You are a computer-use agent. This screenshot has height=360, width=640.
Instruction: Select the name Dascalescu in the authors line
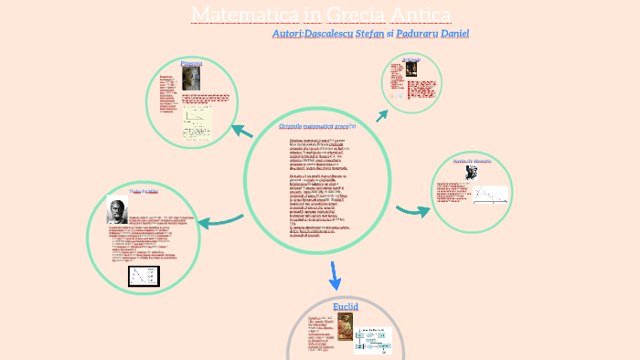[322, 33]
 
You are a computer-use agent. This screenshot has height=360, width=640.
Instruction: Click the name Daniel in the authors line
[454, 33]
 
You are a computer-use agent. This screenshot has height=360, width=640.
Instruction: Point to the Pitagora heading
[191, 63]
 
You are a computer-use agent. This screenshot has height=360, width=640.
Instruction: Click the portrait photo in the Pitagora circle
[191, 79]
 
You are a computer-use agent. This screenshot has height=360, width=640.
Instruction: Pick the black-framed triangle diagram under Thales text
[144, 275]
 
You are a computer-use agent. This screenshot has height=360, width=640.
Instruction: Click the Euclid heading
[346, 307]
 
